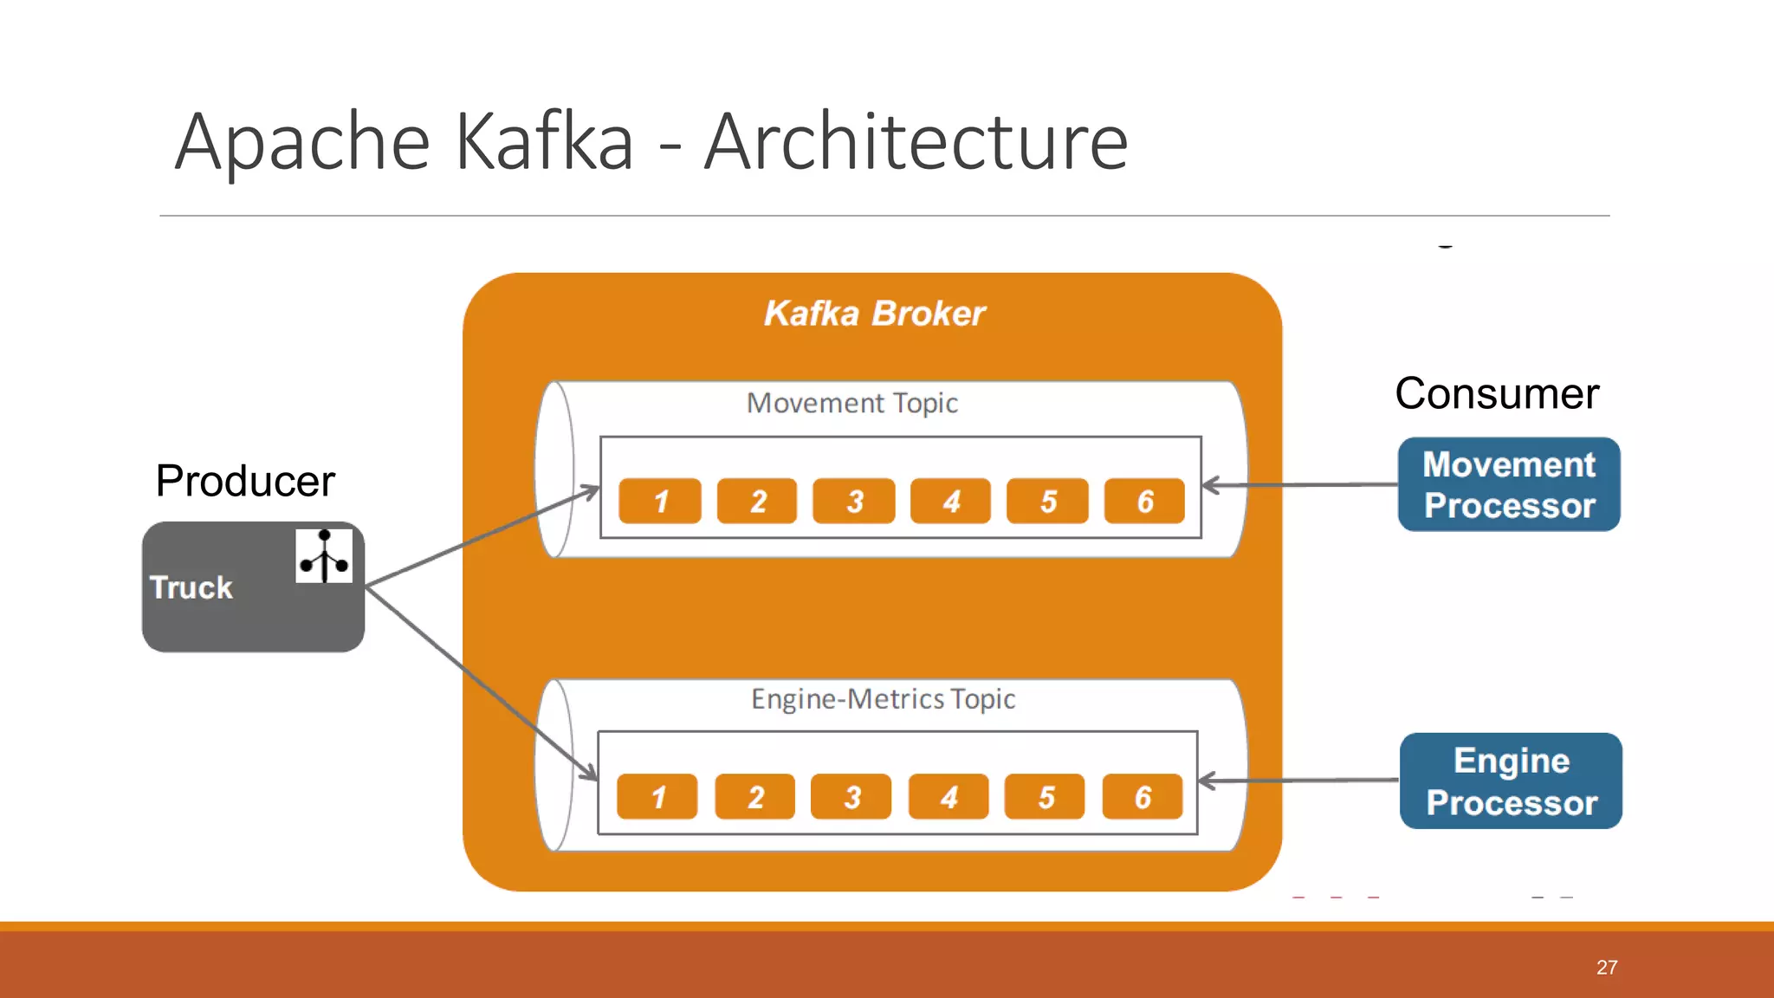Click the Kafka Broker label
(x=874, y=314)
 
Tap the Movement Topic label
(x=852, y=403)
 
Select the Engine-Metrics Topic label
(x=883, y=699)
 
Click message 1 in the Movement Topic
(x=660, y=501)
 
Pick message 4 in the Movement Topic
(x=950, y=501)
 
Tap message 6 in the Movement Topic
(x=1144, y=501)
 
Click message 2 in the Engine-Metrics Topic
(x=755, y=797)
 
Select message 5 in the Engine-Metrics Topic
(x=1045, y=797)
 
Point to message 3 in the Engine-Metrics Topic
(x=851, y=797)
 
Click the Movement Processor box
(x=1509, y=485)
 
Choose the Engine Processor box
(x=1511, y=781)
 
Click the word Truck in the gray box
(x=191, y=588)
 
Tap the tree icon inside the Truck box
(x=324, y=556)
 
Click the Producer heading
(x=245, y=481)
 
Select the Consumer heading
(x=1497, y=393)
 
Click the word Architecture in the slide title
(x=916, y=142)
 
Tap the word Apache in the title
(x=302, y=142)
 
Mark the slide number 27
(x=1607, y=968)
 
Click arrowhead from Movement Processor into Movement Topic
(x=1209, y=486)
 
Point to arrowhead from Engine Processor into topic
(x=1206, y=781)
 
